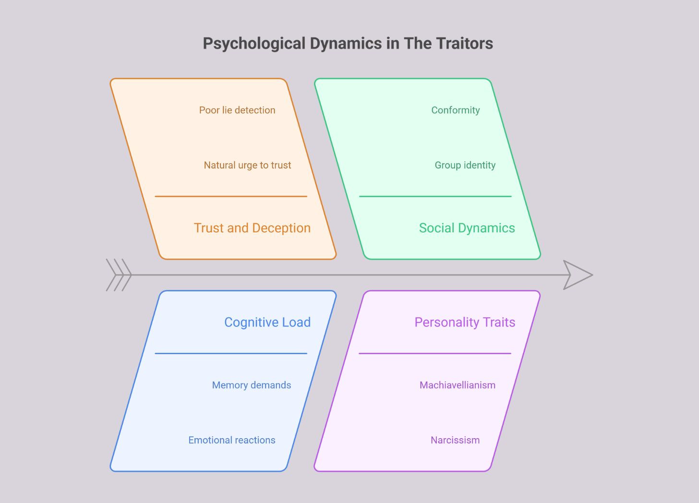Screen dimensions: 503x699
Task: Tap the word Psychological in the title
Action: click(254, 43)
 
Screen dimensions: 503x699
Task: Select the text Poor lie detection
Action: click(237, 110)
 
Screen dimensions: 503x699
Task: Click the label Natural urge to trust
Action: click(247, 165)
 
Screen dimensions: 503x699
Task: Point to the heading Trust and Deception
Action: click(252, 228)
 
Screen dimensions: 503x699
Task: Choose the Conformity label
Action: click(456, 110)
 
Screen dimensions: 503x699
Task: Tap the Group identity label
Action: click(465, 165)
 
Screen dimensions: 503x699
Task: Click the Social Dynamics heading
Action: click(467, 228)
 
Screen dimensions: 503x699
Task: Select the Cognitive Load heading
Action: click(267, 322)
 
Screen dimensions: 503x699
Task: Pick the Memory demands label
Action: click(252, 385)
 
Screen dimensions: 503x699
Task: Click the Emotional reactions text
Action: click(232, 440)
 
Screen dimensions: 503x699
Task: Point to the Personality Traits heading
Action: click(465, 322)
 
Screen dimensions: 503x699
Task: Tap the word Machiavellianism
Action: click(458, 385)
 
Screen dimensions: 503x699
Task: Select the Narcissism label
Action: click(455, 440)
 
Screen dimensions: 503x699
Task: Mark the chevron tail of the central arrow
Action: click(119, 275)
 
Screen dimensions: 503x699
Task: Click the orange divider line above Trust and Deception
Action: click(230, 196)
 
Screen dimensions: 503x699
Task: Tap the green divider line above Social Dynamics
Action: click(435, 196)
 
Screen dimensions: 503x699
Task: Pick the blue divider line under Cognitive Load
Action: click(230, 354)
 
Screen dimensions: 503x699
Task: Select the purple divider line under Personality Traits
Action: click(435, 354)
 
